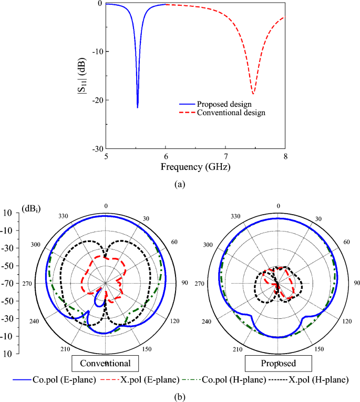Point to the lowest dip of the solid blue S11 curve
[138, 107]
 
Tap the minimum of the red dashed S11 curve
[253, 94]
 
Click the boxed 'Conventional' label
[105, 364]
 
